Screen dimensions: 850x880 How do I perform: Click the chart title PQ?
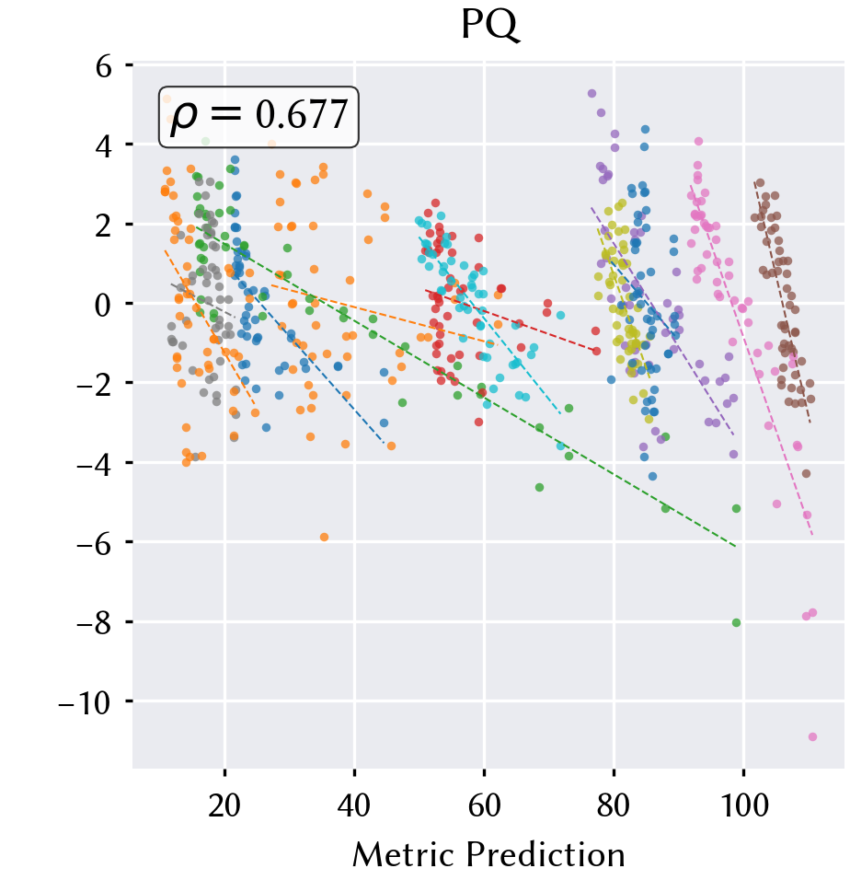490,25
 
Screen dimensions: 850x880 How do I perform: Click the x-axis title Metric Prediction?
488,855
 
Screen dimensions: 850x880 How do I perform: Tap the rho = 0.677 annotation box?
258,117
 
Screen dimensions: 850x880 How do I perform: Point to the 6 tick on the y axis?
104,66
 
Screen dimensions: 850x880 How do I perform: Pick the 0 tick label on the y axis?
103,305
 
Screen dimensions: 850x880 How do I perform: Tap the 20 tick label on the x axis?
224,805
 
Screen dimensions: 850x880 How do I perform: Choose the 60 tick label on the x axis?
484,805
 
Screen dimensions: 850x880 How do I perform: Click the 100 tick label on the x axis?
744,805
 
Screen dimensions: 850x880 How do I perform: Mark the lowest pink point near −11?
812,737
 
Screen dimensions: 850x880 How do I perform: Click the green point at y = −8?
736,623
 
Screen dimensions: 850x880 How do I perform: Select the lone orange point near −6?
324,537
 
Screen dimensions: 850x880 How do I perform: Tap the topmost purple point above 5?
592,94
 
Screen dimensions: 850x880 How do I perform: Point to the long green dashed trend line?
465,386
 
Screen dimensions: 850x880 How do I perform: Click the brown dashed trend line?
782,302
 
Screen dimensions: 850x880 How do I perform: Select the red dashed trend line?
511,321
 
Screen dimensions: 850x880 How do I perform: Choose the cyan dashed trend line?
489,326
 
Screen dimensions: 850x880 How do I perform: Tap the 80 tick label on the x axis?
614,805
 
